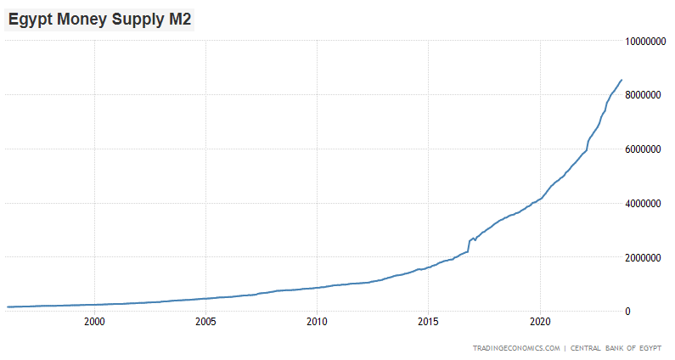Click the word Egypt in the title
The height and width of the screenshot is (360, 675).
[30, 19]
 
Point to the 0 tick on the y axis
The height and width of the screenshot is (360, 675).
[628, 312]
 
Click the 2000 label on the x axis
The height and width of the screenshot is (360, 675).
[94, 323]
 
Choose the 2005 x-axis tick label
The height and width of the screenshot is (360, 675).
[205, 323]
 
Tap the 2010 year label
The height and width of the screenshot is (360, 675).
[317, 323]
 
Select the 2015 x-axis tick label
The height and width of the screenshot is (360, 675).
[428, 323]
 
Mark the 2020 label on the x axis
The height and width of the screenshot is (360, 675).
[539, 323]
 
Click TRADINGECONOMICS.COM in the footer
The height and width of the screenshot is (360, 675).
[517, 348]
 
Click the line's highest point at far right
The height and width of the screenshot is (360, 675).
[622, 80]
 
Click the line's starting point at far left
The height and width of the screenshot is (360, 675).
[7, 307]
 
